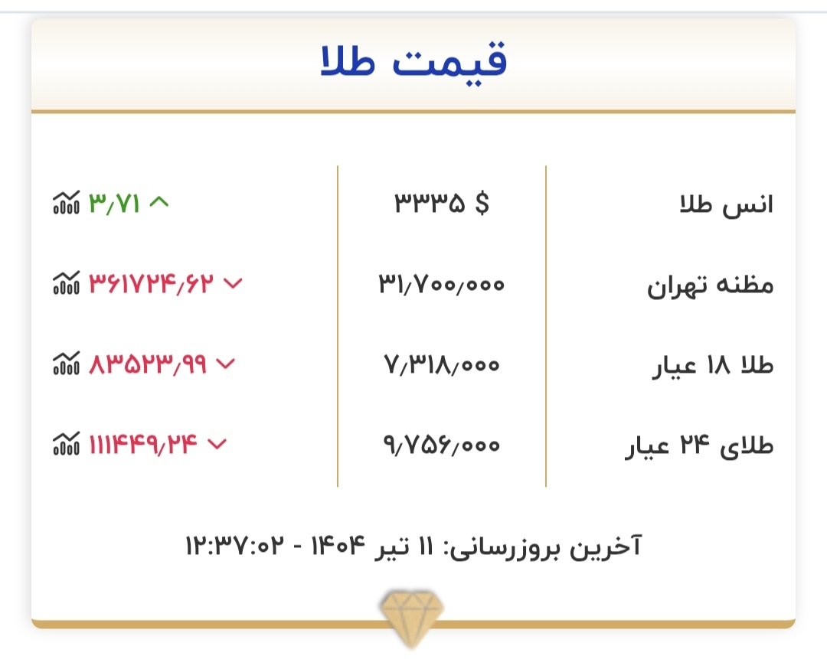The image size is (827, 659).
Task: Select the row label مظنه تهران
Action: (711, 285)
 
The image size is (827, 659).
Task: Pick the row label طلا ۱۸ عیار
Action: (713, 366)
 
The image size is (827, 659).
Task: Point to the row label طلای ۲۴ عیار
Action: (700, 446)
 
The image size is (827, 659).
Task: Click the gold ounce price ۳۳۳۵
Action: (430, 204)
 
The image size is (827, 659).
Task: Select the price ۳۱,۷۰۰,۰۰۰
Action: (442, 285)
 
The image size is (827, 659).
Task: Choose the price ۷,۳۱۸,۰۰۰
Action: (442, 365)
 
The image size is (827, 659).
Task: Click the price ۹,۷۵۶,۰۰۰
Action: (442, 445)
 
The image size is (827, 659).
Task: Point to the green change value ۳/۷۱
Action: (115, 204)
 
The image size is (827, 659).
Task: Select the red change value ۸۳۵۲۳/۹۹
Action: (149, 364)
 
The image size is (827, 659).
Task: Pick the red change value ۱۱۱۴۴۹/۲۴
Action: (144, 444)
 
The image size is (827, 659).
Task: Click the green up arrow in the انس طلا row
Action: (159, 203)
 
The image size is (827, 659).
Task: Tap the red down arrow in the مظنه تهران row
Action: (233, 284)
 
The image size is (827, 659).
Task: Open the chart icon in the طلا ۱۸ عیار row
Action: (66, 364)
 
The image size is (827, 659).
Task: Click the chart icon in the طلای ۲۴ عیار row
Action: (66, 444)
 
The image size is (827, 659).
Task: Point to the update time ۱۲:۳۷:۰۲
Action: (234, 546)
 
